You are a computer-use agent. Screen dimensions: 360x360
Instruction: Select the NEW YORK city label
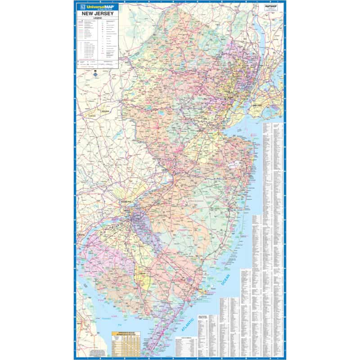coord(257,105)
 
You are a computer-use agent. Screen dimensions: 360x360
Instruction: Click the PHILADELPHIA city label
coord(126,202)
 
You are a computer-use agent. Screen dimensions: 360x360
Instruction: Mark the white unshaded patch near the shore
coord(235,165)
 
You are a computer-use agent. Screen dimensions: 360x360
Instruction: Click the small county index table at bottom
coord(186,346)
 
